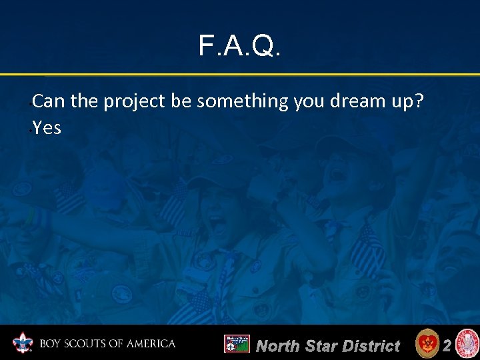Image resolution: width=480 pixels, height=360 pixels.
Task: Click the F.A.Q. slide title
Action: point(240,46)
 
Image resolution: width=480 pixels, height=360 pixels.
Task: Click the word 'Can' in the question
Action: point(46,101)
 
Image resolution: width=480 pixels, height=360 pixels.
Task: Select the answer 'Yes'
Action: point(47,127)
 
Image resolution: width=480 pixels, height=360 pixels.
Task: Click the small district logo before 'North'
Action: point(236,344)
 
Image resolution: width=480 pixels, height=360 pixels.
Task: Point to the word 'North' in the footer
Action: point(278,346)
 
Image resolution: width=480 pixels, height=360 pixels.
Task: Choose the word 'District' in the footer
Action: point(371,346)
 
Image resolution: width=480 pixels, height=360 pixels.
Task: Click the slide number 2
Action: point(447,345)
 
